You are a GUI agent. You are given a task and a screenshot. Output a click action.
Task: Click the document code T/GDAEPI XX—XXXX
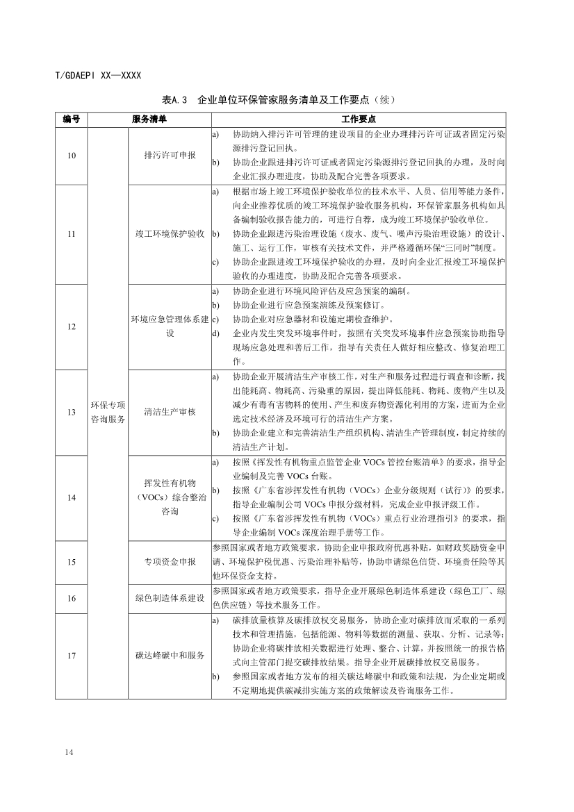(x=98, y=75)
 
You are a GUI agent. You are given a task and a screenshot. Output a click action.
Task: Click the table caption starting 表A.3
(x=287, y=99)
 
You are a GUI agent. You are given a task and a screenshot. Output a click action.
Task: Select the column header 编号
(x=72, y=119)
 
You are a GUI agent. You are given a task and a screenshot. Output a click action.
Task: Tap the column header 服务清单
(x=149, y=119)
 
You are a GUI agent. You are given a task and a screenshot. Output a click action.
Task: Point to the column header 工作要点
(x=359, y=119)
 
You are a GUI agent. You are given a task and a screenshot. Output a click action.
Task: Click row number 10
(x=72, y=156)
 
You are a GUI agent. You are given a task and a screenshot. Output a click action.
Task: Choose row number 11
(x=72, y=234)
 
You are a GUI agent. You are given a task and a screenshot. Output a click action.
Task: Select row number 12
(x=72, y=326)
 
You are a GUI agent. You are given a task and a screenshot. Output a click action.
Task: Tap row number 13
(x=72, y=412)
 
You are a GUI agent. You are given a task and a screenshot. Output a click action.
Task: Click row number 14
(x=72, y=497)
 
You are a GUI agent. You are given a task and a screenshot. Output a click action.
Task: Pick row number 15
(x=72, y=561)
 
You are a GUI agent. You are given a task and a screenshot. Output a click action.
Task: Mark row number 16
(x=72, y=597)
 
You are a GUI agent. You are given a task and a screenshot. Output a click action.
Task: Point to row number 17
(x=72, y=655)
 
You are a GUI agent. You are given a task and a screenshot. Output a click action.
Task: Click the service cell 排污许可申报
(x=170, y=156)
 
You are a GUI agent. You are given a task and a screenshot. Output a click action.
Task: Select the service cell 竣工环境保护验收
(x=170, y=234)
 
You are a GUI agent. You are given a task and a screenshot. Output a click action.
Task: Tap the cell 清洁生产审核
(x=170, y=412)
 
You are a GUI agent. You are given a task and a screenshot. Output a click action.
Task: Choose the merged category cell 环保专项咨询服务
(x=108, y=412)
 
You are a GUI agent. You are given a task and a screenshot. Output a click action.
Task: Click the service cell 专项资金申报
(x=170, y=561)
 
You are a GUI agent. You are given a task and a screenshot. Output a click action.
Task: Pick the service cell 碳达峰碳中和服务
(x=170, y=655)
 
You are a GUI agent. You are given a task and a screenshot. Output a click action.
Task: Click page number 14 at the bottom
(x=67, y=752)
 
